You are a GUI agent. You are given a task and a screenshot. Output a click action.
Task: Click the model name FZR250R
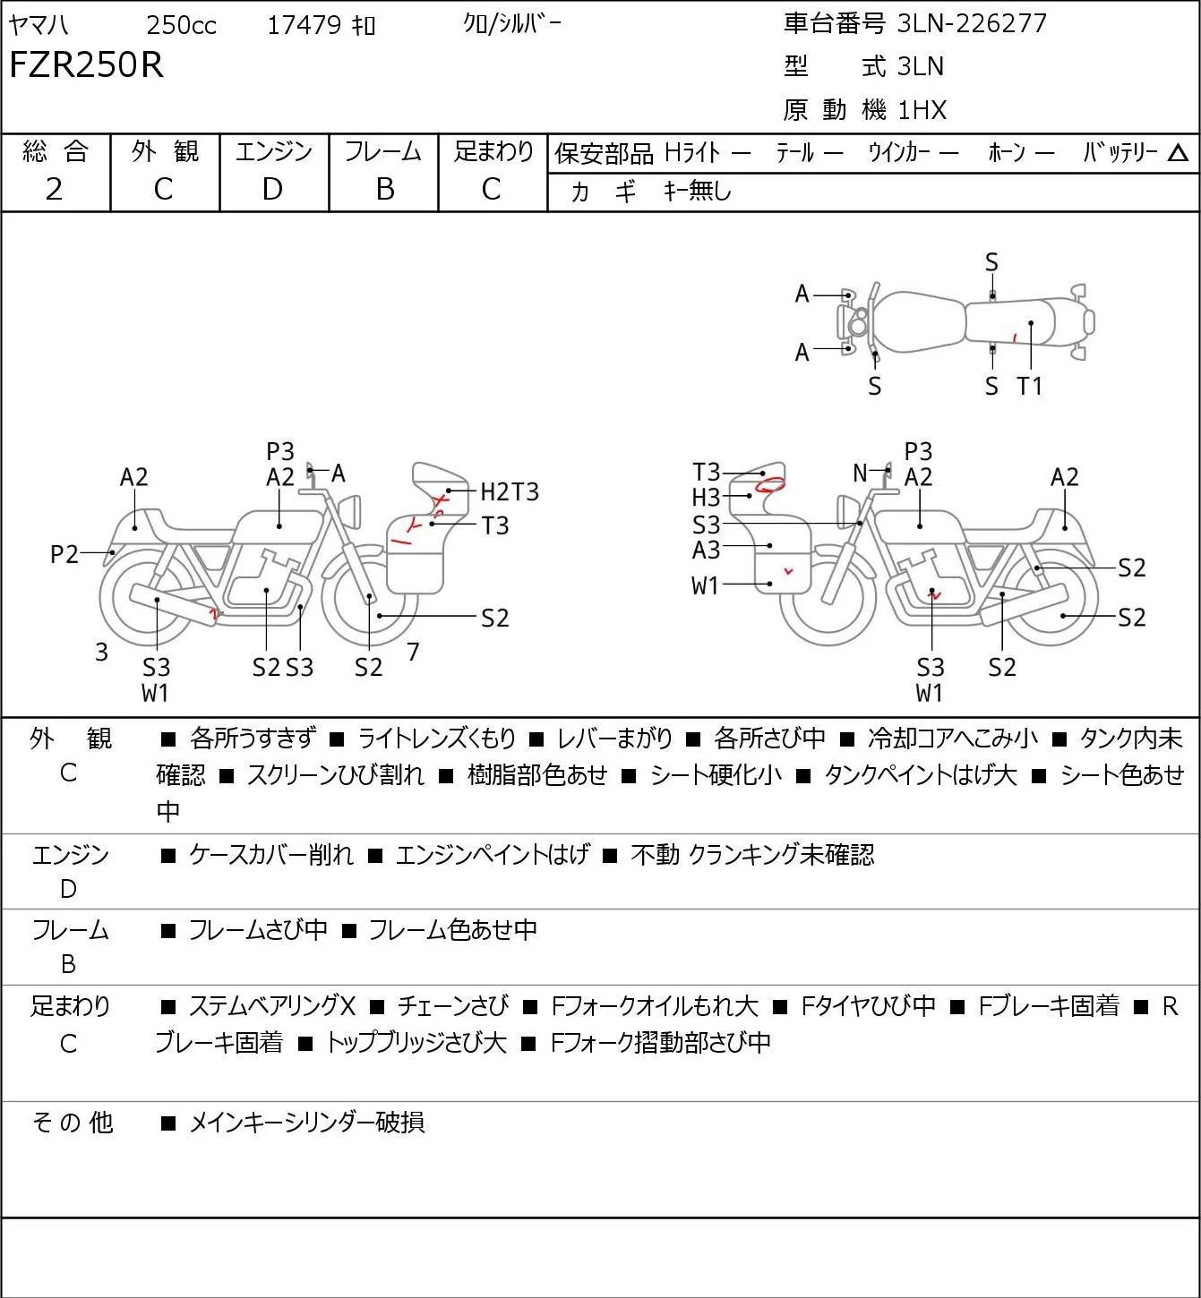[86, 64]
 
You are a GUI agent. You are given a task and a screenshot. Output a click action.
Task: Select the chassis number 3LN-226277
[972, 23]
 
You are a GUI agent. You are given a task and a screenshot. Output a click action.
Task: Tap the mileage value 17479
[305, 25]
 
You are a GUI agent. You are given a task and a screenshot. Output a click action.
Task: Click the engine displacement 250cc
[181, 25]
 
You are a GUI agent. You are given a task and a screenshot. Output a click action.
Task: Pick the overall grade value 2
[55, 190]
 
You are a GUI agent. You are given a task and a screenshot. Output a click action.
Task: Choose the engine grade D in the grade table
[272, 190]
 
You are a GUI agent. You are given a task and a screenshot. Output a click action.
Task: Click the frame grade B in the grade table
[385, 190]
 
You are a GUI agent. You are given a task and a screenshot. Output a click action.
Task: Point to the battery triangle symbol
[1178, 153]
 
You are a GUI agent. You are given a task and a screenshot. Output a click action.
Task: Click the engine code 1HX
[922, 110]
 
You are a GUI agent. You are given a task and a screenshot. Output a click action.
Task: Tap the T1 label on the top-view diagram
[1030, 386]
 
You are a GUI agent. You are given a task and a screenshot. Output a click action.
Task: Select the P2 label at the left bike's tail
[64, 554]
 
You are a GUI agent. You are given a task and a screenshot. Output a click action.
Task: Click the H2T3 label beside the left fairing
[510, 491]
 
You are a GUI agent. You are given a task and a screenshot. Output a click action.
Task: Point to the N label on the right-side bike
[860, 473]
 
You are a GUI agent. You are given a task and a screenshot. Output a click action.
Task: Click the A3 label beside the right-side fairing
[707, 551]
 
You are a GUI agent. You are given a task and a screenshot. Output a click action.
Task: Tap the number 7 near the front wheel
[413, 651]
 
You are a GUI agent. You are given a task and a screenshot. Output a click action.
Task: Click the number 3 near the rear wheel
[101, 652]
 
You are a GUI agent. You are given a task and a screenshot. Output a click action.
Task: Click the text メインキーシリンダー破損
[307, 1123]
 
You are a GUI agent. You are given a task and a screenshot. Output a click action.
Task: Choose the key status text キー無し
[698, 191]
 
